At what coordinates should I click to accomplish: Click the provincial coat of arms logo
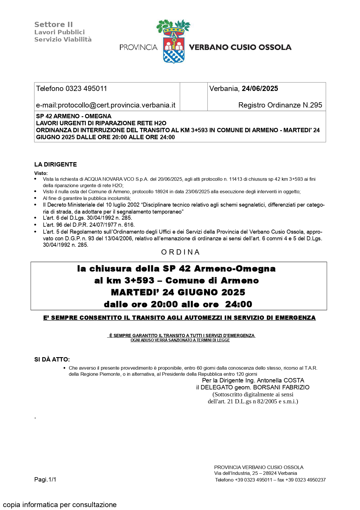pos(173,42)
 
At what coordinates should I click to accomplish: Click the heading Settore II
pos(53,25)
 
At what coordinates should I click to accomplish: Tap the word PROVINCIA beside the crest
pos(138,47)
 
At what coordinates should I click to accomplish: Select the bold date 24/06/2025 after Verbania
pos(260,89)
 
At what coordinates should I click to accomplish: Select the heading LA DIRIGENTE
pos(55,164)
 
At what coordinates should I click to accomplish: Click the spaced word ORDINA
pos(180,252)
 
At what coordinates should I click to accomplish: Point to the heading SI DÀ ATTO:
pos(52,359)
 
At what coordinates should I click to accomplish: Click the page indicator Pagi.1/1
pos(45,479)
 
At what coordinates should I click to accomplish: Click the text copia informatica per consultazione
pos(60,505)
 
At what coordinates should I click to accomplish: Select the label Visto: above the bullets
pos(41,173)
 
